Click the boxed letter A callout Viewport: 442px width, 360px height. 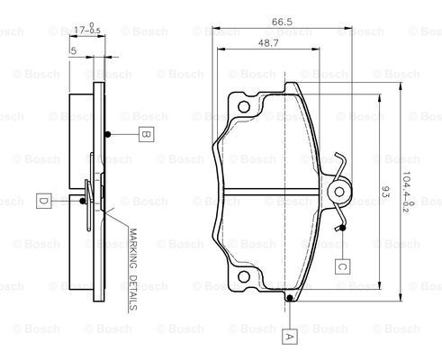click(x=289, y=337)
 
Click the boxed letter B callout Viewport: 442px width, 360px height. click(x=146, y=134)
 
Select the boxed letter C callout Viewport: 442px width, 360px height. click(x=343, y=266)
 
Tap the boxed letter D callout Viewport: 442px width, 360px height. click(x=44, y=201)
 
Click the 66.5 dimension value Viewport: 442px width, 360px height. click(x=282, y=22)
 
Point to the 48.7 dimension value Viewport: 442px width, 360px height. click(x=268, y=43)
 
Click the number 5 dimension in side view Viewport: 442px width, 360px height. click(x=74, y=51)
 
